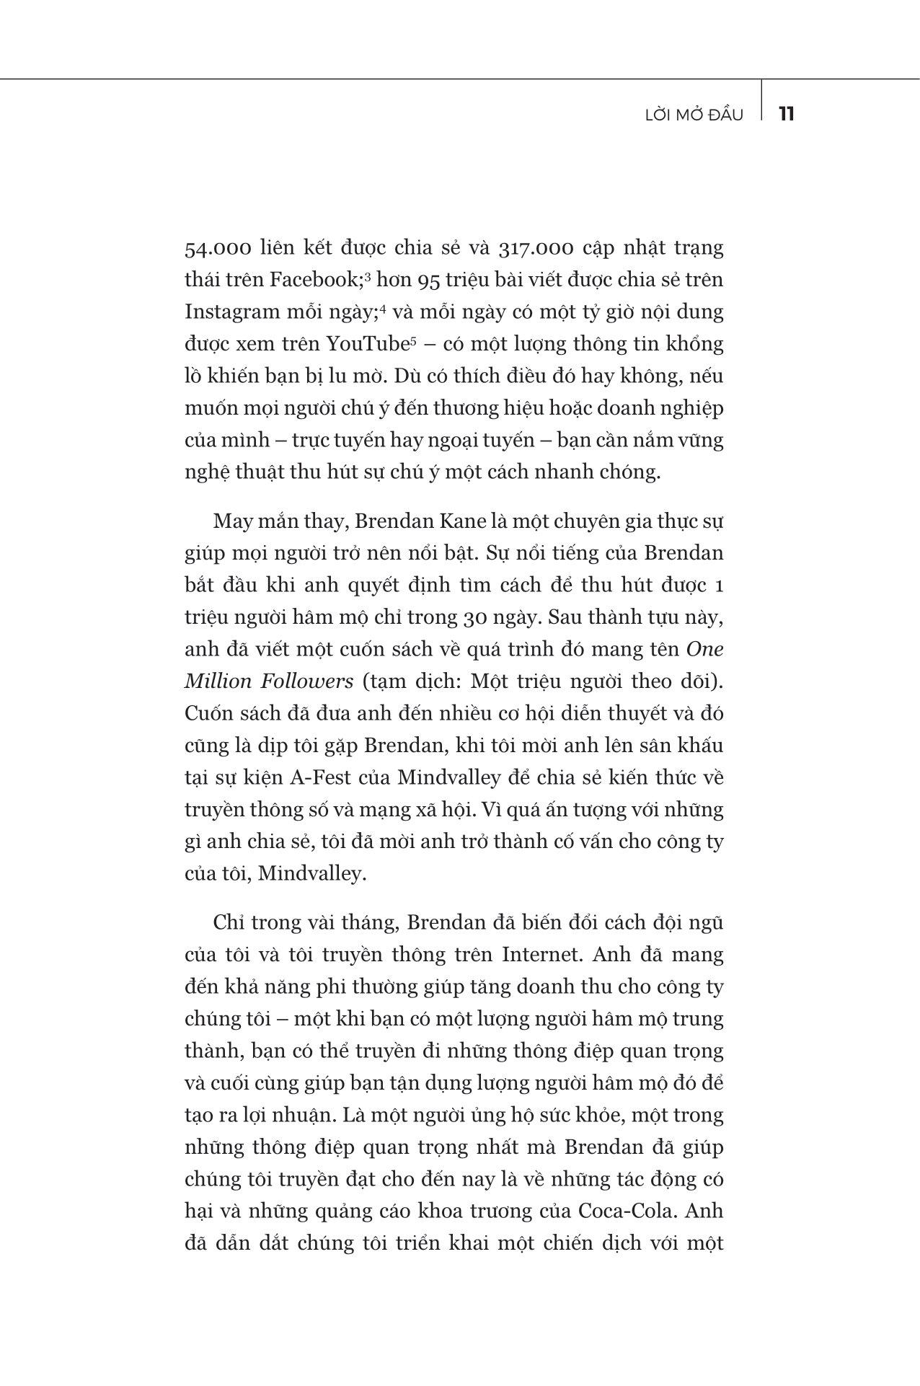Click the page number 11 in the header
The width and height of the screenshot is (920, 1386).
click(787, 114)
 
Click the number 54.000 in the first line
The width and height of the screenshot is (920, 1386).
click(218, 249)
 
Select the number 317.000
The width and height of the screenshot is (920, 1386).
click(536, 249)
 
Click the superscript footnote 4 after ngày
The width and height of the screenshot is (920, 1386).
click(384, 309)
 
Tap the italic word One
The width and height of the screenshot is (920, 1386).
click(705, 649)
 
